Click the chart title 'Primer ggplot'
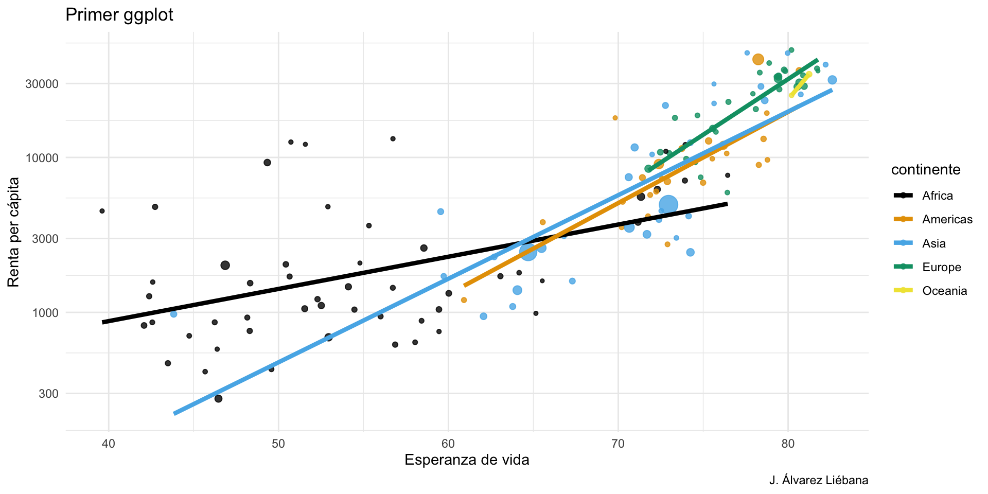coord(119,15)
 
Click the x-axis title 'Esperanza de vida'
coord(467,460)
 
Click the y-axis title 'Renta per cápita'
coord(14,232)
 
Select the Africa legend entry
coord(937,196)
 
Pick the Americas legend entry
coord(947,220)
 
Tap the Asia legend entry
coord(933,243)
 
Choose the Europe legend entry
coord(941,267)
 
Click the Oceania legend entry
coord(944,291)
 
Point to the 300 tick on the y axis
coord(50,394)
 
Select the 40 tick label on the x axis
coord(109,443)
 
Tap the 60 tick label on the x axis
coord(448,443)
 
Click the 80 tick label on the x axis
coord(788,443)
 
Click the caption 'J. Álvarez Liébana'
coord(818,481)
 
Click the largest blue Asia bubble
coord(668,205)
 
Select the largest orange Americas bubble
coord(758,60)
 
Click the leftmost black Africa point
coord(102,211)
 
